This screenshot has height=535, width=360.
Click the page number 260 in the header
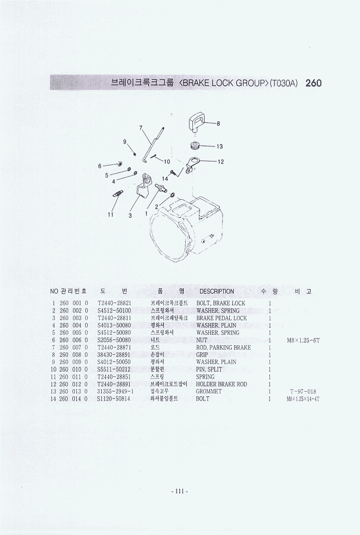(x=314, y=83)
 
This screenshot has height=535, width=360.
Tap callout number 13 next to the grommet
(x=219, y=147)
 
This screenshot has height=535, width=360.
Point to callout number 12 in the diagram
(x=220, y=161)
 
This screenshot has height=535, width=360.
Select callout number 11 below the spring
(x=110, y=214)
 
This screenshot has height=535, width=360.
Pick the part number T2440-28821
(x=114, y=303)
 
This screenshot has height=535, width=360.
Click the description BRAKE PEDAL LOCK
(x=221, y=318)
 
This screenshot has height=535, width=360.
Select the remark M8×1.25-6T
(x=303, y=340)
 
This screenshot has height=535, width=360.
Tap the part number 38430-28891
(x=114, y=355)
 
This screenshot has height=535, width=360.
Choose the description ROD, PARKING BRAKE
(x=223, y=348)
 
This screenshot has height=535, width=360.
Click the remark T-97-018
(x=303, y=392)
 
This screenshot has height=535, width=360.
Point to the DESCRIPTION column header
(x=216, y=291)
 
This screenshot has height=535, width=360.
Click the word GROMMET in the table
(x=209, y=392)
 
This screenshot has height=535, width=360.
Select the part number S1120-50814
(x=114, y=399)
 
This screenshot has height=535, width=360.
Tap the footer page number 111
(x=180, y=491)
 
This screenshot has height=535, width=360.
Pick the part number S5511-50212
(x=114, y=369)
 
